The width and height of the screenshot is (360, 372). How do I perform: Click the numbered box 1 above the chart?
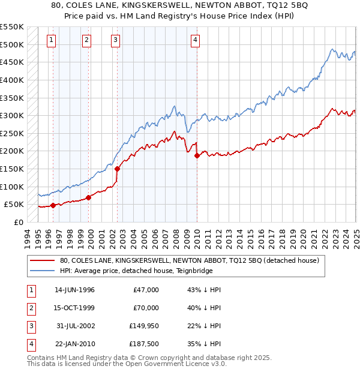[51, 40]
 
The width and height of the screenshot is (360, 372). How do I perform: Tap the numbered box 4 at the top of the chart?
[196, 40]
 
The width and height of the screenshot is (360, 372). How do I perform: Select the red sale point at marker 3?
[118, 169]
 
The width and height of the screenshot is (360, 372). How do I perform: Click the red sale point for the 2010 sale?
[197, 156]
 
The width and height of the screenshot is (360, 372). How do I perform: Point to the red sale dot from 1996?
[53, 205]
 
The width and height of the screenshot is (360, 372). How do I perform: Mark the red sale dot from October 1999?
[88, 197]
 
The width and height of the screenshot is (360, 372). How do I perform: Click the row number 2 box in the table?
[30, 308]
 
